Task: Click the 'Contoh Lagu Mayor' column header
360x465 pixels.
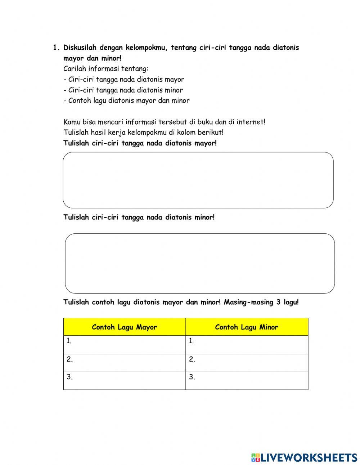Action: coord(125,327)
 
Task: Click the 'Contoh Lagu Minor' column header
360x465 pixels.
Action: coord(247,327)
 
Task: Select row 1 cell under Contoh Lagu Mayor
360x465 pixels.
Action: coord(125,345)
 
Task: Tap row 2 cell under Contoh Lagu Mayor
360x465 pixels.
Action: coord(125,362)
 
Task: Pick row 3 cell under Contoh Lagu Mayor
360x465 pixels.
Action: coord(125,380)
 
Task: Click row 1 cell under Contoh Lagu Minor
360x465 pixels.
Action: coord(247,345)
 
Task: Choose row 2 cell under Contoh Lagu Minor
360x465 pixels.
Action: coord(247,362)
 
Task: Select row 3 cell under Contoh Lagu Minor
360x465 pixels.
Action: coord(247,380)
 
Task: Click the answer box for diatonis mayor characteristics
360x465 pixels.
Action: coord(198,180)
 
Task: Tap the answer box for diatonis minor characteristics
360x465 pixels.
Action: coord(200,263)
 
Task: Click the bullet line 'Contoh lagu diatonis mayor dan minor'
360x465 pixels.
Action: coord(126,101)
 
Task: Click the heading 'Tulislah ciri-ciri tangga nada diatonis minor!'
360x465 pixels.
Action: coord(139,217)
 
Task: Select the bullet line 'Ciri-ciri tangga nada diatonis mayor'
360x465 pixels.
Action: coord(124,80)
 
